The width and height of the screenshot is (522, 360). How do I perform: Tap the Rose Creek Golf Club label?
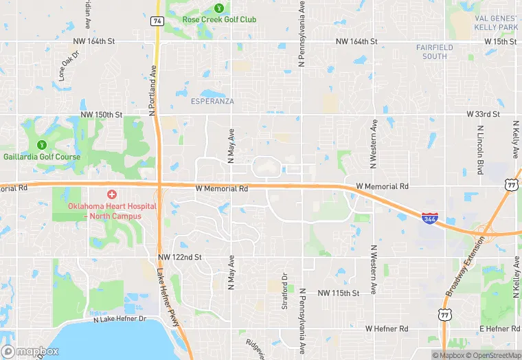point(219,19)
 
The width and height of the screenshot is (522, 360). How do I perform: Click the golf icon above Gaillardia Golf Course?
point(41,145)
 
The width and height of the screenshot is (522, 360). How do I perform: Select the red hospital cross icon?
point(111,195)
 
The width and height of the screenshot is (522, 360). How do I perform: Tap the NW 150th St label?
point(101,114)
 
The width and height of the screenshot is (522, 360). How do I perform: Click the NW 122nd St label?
point(179,257)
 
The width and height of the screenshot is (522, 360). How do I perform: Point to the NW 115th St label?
point(339,293)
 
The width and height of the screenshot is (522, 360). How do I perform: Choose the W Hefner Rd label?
point(387,329)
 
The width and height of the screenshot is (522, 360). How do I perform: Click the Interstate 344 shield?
point(429,218)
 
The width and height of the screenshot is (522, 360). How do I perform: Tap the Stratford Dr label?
point(284,291)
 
